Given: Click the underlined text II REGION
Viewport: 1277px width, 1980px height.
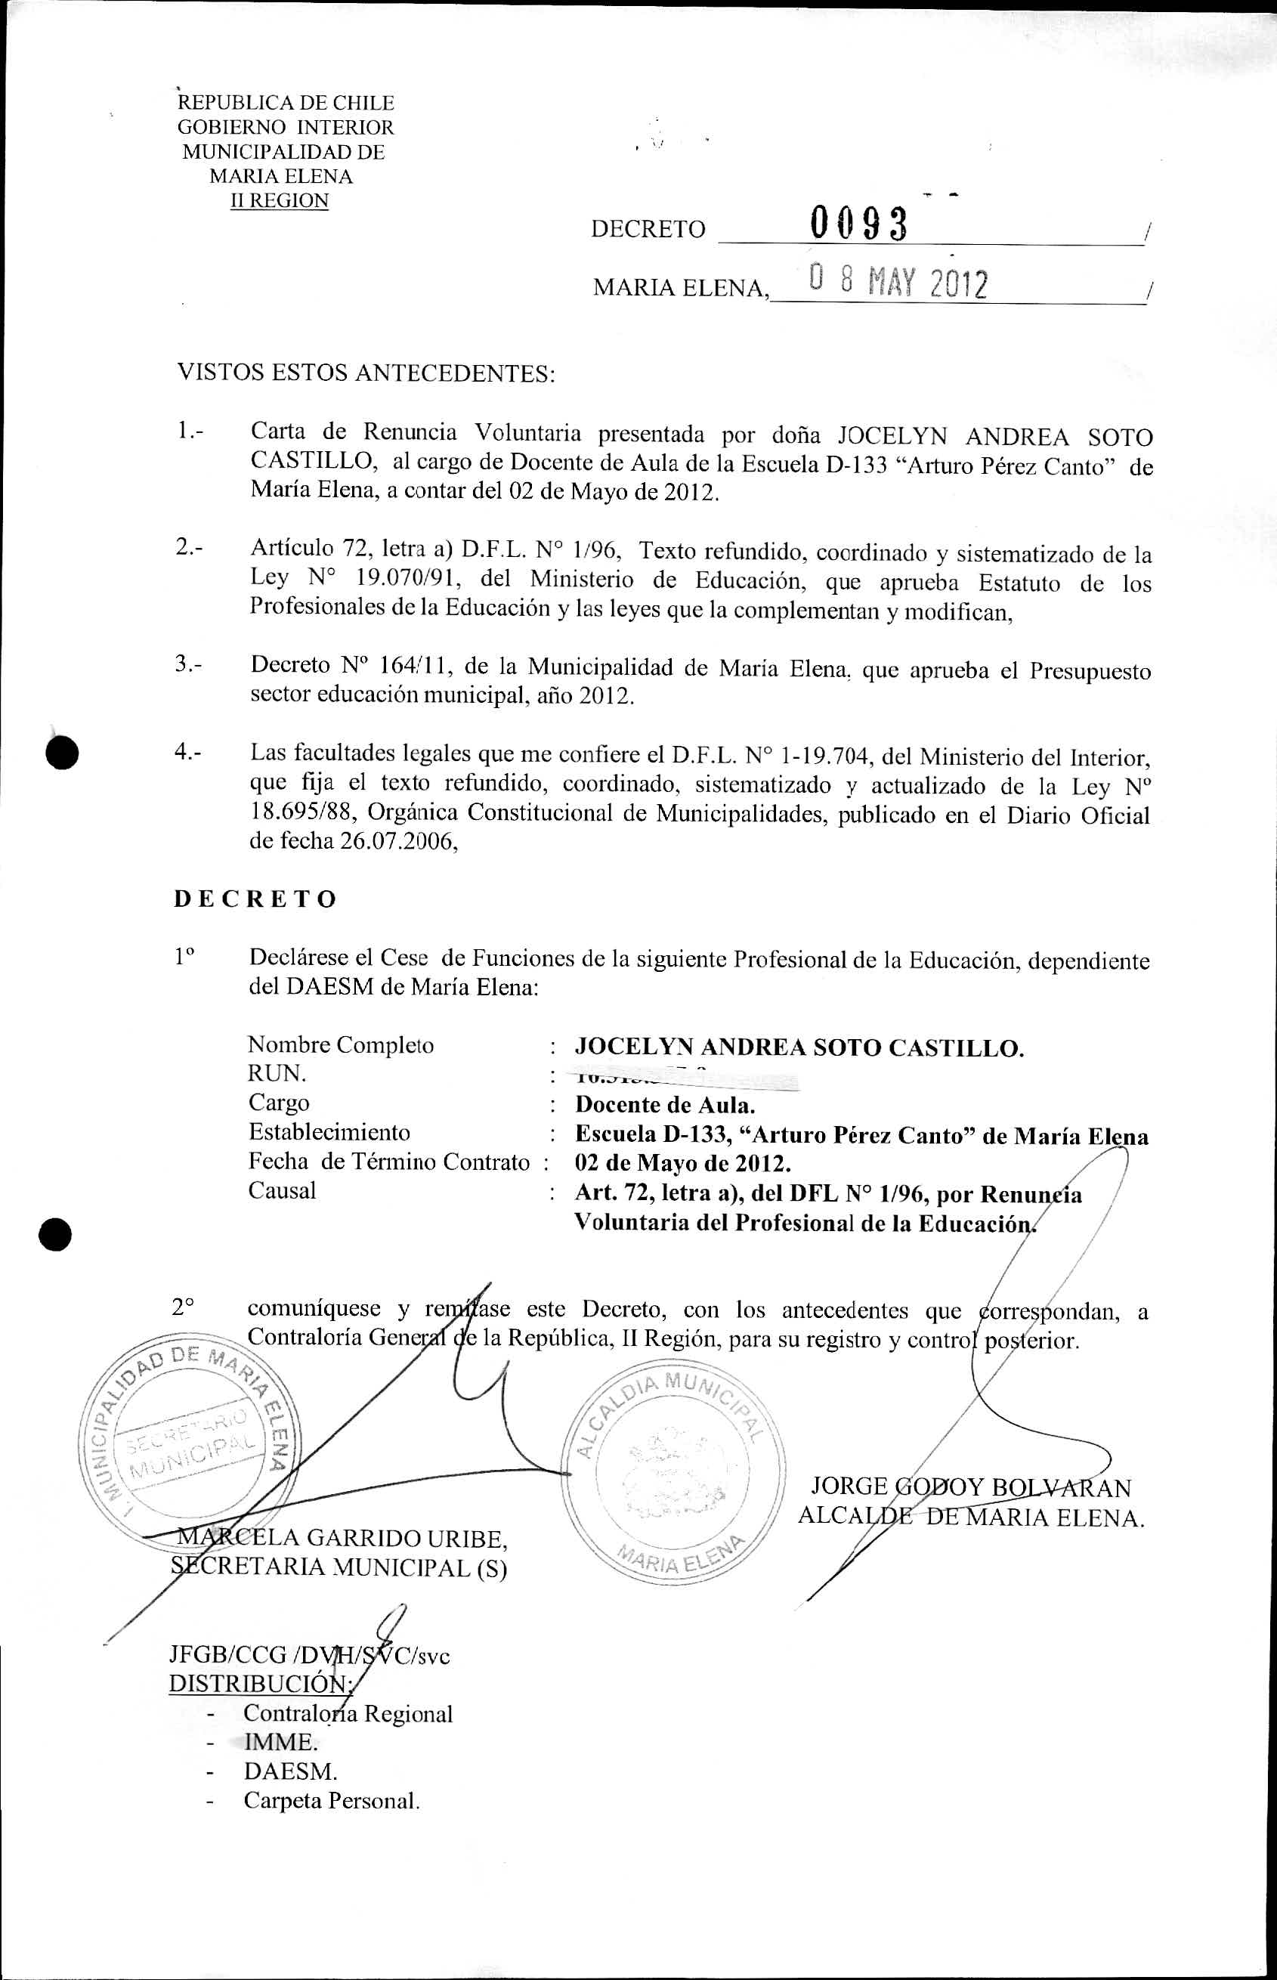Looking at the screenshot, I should coord(280,201).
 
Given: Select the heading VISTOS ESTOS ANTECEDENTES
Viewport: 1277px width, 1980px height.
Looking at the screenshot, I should coord(366,373).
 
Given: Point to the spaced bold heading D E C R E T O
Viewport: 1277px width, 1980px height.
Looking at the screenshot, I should coord(255,899).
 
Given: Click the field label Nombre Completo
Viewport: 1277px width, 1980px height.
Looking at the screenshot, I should coord(341,1044).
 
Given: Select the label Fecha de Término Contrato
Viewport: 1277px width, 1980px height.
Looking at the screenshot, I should coord(389,1162).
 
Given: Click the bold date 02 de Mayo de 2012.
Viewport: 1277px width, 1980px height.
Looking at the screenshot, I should coord(682,1162).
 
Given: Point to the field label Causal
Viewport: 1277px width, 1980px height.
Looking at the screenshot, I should coord(282,1191).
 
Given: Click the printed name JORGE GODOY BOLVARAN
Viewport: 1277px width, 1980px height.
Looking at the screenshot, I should coord(971,1487).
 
